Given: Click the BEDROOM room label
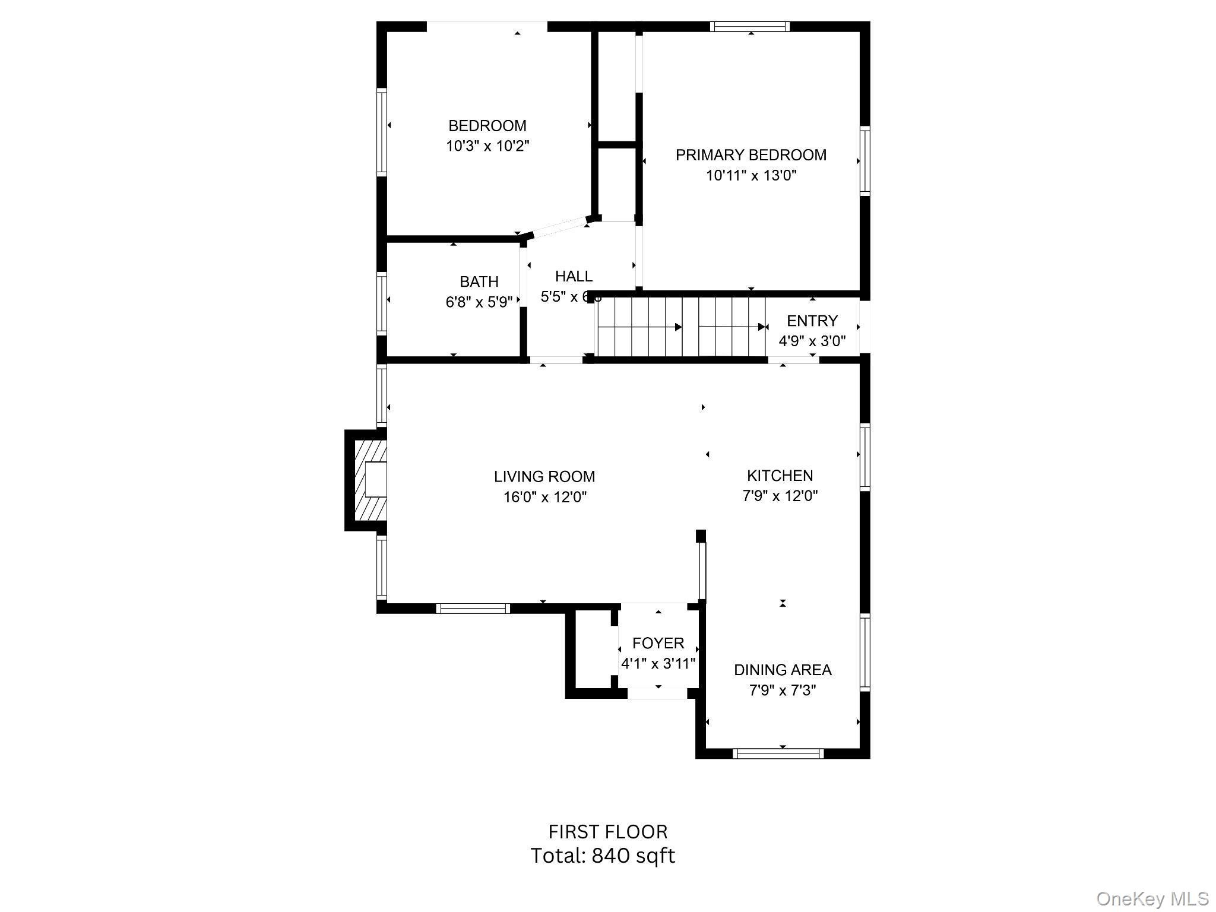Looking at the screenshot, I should tap(487, 126).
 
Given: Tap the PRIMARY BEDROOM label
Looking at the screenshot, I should tap(750, 155).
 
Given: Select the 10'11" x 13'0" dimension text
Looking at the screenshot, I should tap(750, 176).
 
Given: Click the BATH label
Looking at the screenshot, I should tap(479, 281).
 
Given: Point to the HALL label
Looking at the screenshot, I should tap(574, 276).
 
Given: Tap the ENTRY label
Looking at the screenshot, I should tap(812, 321).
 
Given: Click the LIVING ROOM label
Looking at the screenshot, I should tap(544, 476).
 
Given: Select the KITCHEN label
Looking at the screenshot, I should tap(780, 476).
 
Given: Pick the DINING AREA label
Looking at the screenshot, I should tap(782, 670).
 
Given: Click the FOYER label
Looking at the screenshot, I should tap(658, 643).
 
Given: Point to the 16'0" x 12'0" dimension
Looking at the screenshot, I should tap(544, 497).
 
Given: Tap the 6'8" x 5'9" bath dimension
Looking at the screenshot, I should tap(479, 302).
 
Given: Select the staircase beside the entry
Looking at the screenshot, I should tap(681, 327).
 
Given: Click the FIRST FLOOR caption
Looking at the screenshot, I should tap(607, 831).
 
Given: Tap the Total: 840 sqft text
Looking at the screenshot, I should tap(602, 856).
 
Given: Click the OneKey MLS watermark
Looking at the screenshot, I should tap(1152, 899).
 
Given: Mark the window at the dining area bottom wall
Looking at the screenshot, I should tap(778, 753).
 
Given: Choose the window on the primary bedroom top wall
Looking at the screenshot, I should tap(749, 26).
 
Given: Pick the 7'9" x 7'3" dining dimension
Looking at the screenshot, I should tap(782, 691).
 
